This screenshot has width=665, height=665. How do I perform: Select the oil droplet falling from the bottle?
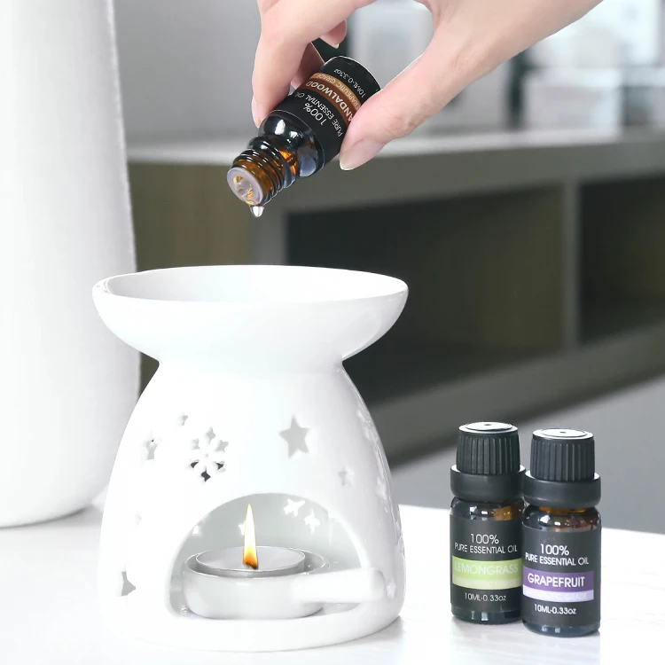coord(257,210)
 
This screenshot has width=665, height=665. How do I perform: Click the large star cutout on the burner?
coord(295,437)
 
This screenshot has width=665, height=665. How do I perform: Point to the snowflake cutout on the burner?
coord(207,453)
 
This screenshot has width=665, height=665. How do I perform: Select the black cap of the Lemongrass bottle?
coord(488,450)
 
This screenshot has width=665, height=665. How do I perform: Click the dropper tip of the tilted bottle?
coord(244,187)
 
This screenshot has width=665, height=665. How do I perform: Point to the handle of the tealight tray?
coord(355,584)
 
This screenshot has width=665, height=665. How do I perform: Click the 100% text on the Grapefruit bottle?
coord(555,549)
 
